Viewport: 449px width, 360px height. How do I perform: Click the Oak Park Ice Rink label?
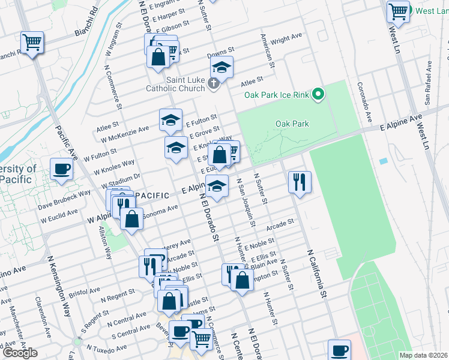click(277, 95)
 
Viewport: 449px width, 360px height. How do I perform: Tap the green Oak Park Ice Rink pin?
click(319, 94)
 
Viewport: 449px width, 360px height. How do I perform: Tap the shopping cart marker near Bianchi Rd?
click(32, 43)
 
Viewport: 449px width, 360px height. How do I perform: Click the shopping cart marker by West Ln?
click(398, 11)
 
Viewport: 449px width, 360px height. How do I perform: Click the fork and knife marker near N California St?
click(299, 182)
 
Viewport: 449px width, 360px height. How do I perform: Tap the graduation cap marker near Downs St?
click(221, 68)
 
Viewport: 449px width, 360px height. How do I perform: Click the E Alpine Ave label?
click(402, 123)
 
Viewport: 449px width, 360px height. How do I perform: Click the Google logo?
click(20, 353)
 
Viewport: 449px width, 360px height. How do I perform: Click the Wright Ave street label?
click(286, 40)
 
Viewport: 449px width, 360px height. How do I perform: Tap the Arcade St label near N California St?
click(279, 225)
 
